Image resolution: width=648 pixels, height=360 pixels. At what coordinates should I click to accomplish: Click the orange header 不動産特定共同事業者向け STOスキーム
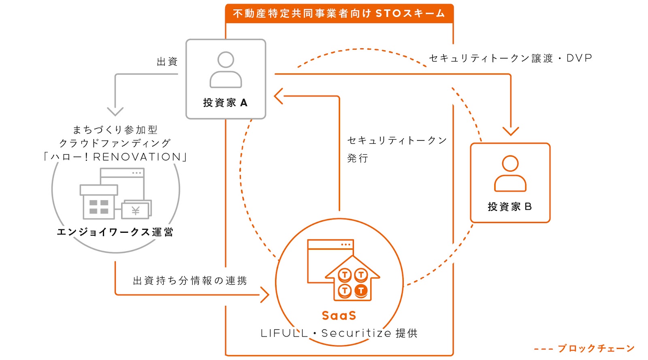(339, 14)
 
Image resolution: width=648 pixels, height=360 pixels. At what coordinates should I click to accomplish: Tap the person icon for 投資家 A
(226, 70)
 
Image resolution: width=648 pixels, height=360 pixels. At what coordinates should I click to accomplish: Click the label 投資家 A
(225, 102)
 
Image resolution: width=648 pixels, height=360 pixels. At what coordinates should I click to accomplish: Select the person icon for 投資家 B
(510, 173)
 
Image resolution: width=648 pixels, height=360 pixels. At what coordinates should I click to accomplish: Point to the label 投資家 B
(510, 207)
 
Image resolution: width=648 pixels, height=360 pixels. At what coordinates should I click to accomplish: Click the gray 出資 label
(167, 62)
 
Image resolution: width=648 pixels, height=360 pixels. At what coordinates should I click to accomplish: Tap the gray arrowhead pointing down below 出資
(115, 112)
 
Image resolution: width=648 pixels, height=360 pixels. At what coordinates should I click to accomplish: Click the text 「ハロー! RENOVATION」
(115, 157)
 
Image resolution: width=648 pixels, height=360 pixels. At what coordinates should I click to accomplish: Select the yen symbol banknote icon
(136, 209)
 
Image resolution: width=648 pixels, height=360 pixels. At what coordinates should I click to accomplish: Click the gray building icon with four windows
(99, 202)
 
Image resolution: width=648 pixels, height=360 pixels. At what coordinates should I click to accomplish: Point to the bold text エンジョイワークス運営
(115, 232)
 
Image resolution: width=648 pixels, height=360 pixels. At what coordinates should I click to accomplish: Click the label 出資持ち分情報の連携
(190, 281)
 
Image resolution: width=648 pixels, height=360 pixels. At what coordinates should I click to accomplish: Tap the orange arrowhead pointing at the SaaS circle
(265, 295)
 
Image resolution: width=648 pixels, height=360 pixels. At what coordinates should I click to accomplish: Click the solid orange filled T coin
(361, 290)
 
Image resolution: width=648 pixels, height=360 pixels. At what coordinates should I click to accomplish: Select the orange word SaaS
(339, 315)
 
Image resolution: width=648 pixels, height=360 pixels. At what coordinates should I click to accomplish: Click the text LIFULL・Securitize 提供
(339, 333)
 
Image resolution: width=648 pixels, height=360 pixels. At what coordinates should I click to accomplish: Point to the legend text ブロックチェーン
(596, 348)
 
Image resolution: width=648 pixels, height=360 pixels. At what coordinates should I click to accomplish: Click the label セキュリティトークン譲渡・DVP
(510, 58)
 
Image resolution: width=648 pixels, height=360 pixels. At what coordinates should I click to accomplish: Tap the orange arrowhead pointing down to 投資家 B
(511, 131)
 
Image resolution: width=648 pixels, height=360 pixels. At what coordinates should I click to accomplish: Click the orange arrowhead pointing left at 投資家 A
(279, 96)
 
